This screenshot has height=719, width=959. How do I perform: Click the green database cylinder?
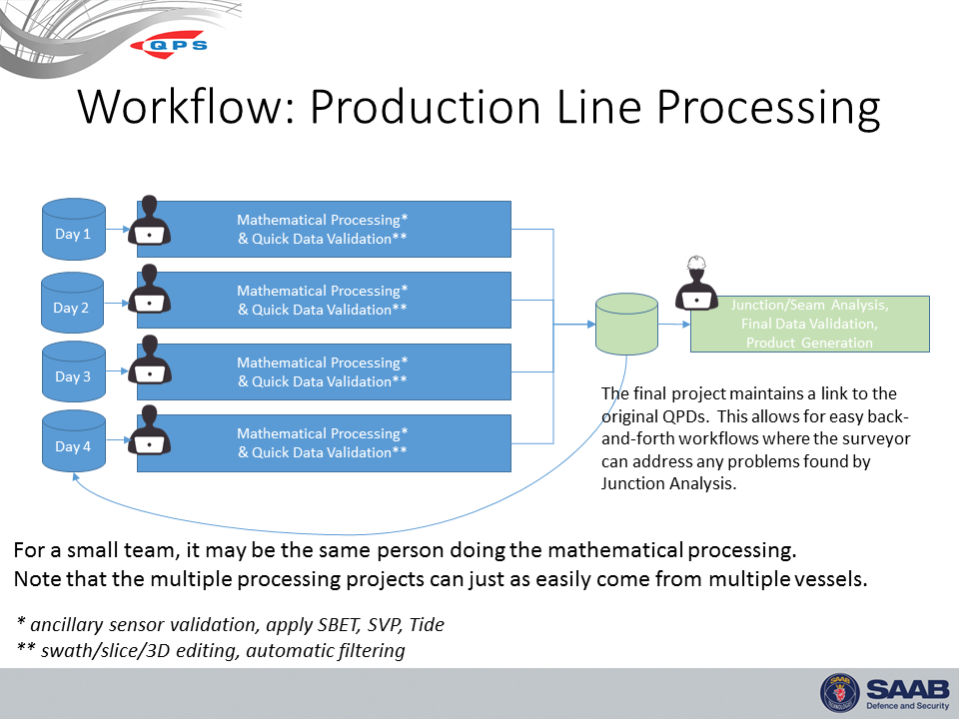pos(626,324)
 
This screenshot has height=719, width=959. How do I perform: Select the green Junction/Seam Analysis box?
pos(809,324)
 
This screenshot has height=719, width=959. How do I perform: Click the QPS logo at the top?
pos(176,45)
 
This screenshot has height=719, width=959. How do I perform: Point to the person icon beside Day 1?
pos(150,221)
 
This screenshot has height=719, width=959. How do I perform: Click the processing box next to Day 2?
pos(323,300)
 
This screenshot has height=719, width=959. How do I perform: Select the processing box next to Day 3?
pos(323,371)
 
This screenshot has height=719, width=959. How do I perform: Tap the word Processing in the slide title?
pos(745,108)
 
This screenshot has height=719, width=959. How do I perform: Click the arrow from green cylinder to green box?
pos(674,324)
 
